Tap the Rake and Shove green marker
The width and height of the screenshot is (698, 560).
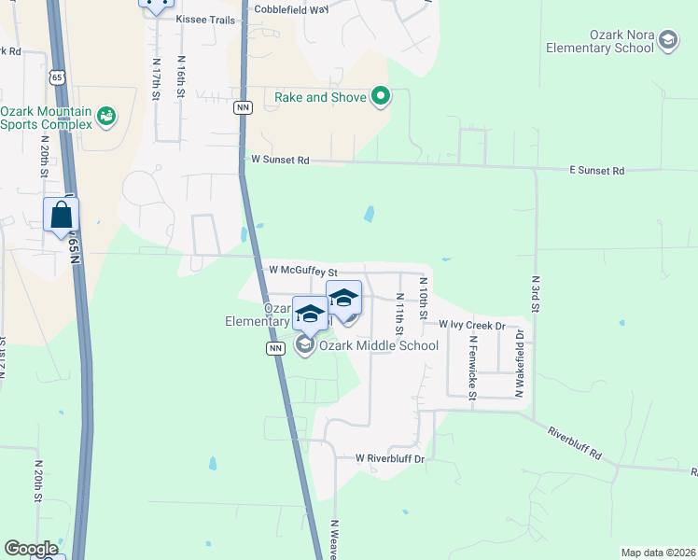click(x=381, y=96)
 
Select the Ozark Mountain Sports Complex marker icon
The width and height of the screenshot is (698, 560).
click(x=106, y=117)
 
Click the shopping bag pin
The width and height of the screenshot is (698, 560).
click(x=61, y=216)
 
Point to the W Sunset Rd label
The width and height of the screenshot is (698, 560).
click(x=280, y=161)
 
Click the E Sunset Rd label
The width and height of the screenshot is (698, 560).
click(x=596, y=171)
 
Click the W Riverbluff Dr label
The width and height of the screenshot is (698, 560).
click(x=389, y=459)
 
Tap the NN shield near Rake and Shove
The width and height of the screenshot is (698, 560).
click(x=244, y=107)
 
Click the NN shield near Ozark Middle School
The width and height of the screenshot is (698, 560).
click(x=275, y=348)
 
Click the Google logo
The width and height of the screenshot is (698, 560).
click(x=31, y=549)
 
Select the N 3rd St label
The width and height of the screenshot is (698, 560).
click(x=536, y=296)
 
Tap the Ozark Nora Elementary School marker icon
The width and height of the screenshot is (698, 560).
click(x=667, y=39)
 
